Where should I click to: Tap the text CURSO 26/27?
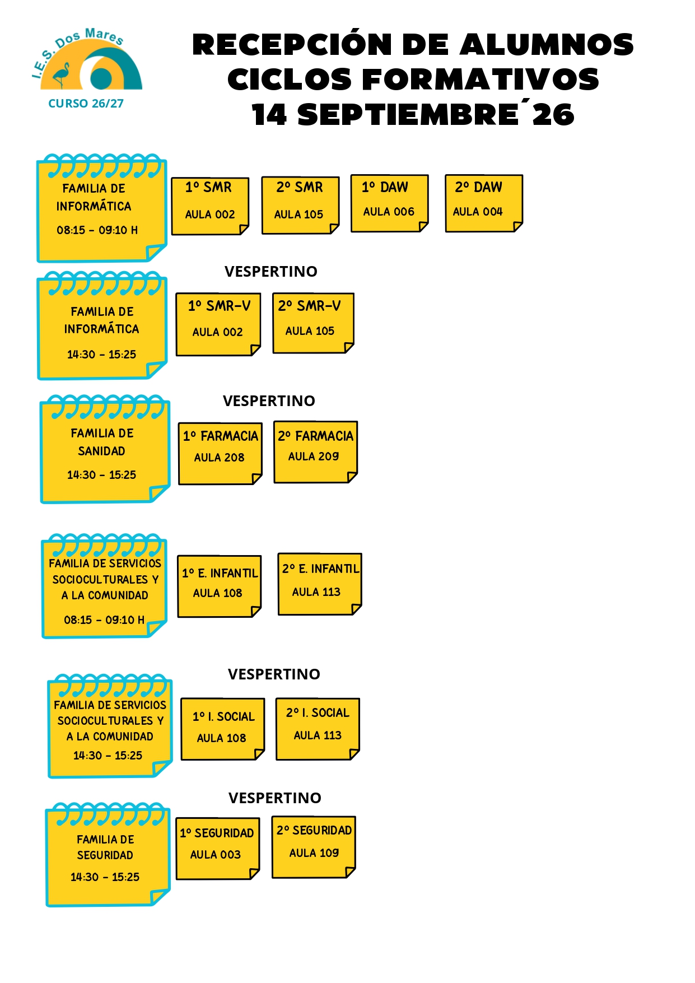(x=86, y=104)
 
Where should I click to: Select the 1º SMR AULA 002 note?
(x=210, y=206)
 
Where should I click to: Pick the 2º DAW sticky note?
(x=484, y=203)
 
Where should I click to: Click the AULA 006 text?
(x=389, y=212)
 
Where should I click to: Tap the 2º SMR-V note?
(x=313, y=323)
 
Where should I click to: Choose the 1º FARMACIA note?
(x=220, y=454)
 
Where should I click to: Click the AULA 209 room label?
(x=314, y=456)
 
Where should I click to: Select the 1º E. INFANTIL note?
(x=220, y=586)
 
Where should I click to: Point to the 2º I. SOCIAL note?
(x=318, y=729)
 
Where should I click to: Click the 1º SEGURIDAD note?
(x=218, y=849)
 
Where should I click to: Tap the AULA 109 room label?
(x=314, y=853)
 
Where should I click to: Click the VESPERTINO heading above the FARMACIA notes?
(x=269, y=401)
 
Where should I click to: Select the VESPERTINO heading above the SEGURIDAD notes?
(x=275, y=798)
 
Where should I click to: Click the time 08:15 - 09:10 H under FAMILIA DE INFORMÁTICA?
(x=97, y=230)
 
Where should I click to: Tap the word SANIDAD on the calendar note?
(x=101, y=451)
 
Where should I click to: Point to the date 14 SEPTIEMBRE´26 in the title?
(x=413, y=114)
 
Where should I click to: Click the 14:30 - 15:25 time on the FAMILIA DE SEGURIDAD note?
(x=105, y=877)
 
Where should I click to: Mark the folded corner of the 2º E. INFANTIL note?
(x=356, y=609)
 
